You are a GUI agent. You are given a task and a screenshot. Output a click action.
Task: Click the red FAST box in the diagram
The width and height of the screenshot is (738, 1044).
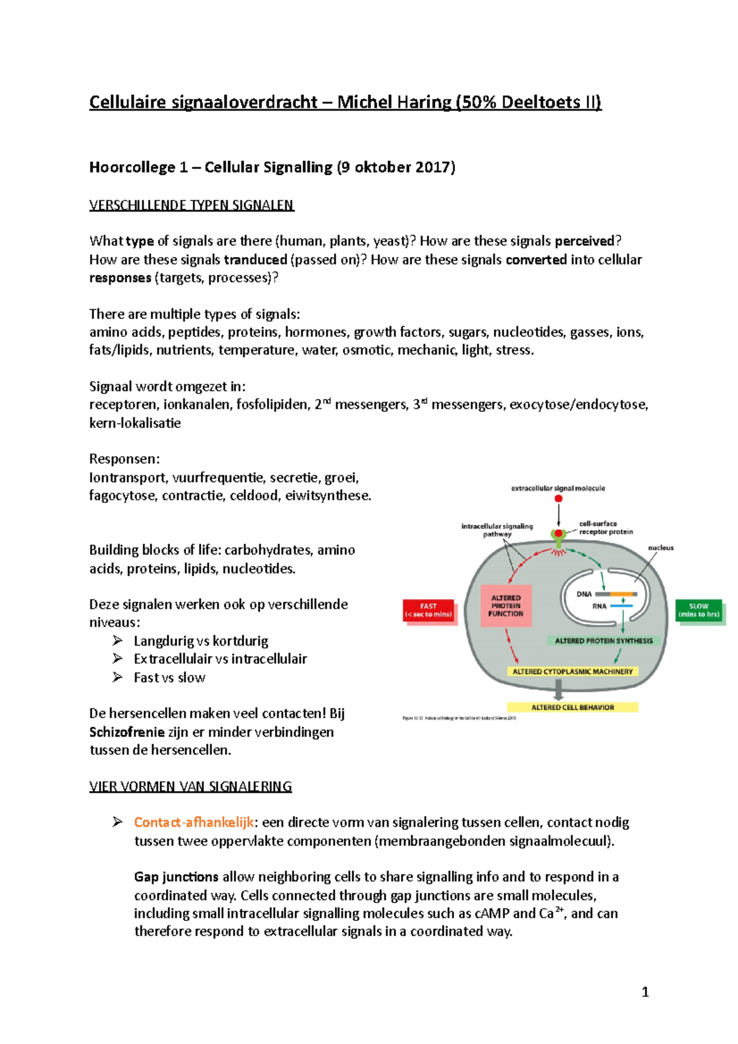(429, 610)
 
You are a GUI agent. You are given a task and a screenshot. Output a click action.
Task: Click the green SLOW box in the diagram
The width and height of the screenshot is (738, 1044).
(699, 610)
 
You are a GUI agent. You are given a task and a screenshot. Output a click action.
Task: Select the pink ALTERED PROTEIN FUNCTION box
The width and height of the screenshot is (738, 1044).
(506, 606)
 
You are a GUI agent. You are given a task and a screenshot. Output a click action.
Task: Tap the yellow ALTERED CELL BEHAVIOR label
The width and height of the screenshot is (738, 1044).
(573, 707)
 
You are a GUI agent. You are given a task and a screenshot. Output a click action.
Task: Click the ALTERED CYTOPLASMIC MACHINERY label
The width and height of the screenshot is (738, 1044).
(573, 671)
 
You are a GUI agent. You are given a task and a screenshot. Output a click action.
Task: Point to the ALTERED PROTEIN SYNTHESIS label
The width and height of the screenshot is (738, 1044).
(603, 641)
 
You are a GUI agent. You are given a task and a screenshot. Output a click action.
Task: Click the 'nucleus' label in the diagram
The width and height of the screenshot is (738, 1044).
(661, 548)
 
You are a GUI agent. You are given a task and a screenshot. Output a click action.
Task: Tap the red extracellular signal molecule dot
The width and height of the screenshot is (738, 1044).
(558, 499)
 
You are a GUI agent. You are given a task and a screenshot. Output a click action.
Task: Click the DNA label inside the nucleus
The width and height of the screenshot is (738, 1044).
(584, 594)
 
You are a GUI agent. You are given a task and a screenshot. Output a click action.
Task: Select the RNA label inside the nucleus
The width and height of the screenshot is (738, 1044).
(599, 606)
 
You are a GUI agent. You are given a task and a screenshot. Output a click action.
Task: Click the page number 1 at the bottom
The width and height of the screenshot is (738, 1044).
(645, 991)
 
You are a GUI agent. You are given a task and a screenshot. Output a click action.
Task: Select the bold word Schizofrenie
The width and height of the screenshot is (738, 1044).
(127, 732)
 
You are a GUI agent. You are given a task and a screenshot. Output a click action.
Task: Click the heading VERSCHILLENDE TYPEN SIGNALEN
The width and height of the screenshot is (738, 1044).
(191, 205)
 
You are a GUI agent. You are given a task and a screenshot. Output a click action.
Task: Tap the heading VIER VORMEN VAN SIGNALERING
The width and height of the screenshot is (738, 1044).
(190, 786)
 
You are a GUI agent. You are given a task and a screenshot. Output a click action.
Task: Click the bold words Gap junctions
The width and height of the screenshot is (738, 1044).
(176, 877)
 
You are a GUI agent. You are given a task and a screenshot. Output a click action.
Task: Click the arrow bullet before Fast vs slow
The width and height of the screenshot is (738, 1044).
(117, 677)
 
